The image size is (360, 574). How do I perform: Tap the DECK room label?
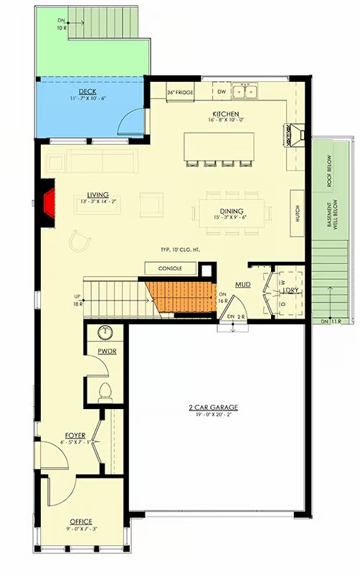[x=87, y=93]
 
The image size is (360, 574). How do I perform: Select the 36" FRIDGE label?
[x=181, y=93]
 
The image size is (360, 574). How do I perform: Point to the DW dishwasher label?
[x=222, y=92]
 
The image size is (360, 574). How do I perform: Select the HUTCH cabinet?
[x=297, y=214]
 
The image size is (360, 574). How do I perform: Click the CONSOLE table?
[x=169, y=268]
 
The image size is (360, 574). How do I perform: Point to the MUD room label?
[x=244, y=284]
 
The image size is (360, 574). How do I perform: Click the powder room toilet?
[x=105, y=391]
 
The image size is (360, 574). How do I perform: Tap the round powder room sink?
[x=105, y=332]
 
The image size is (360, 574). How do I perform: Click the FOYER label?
[x=75, y=435]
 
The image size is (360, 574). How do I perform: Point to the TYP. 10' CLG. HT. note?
[x=180, y=249]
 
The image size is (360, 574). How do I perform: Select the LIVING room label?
[x=98, y=195]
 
